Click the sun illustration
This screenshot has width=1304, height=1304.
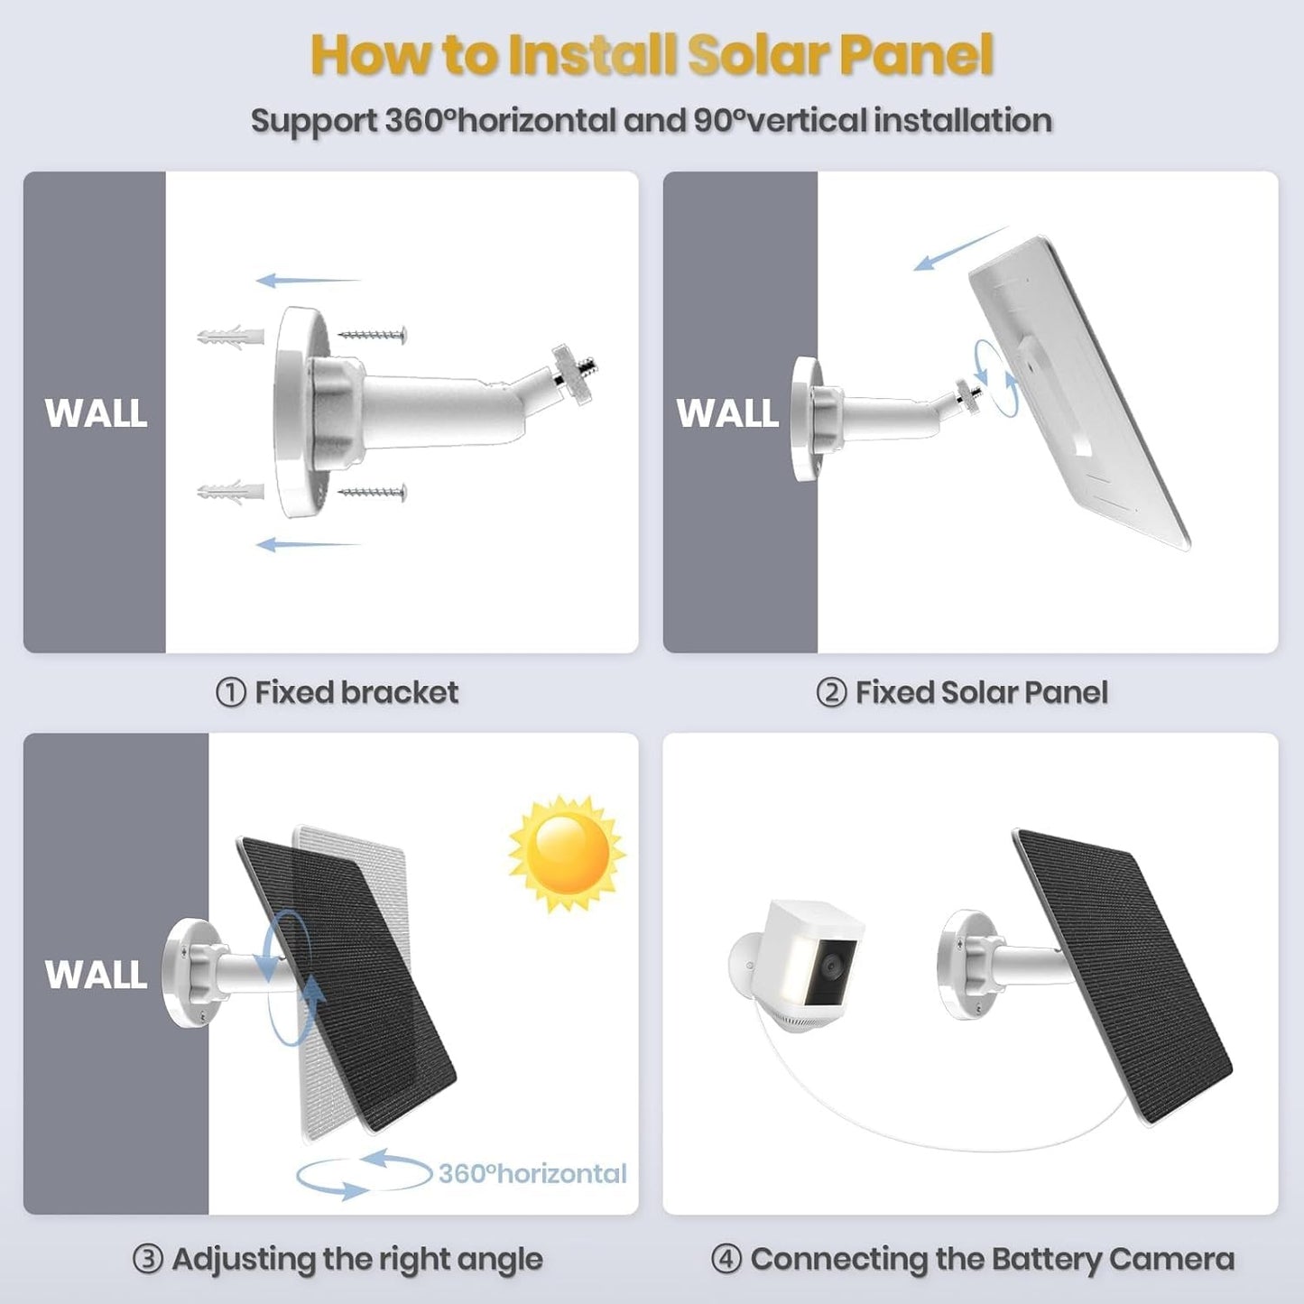(x=567, y=853)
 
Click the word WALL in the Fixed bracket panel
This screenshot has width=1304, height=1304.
(x=96, y=413)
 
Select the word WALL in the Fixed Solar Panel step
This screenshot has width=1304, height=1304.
(x=727, y=413)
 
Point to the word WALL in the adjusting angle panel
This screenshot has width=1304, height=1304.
(x=96, y=975)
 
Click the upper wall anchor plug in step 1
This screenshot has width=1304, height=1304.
(x=230, y=338)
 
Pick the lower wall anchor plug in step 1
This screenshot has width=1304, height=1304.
(x=230, y=492)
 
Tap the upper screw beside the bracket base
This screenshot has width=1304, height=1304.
(x=373, y=335)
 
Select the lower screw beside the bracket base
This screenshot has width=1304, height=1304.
(x=373, y=492)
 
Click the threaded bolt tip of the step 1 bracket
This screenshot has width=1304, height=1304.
(x=588, y=367)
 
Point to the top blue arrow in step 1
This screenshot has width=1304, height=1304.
(x=307, y=281)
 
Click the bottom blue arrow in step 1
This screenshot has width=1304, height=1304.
(x=307, y=544)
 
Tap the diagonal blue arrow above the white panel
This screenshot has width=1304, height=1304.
(x=958, y=249)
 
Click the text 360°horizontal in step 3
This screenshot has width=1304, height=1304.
(x=532, y=1173)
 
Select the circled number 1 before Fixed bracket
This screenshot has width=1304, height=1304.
(x=230, y=693)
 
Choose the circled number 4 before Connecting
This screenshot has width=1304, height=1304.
(x=726, y=1259)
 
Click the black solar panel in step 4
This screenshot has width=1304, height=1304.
(x=1124, y=975)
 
